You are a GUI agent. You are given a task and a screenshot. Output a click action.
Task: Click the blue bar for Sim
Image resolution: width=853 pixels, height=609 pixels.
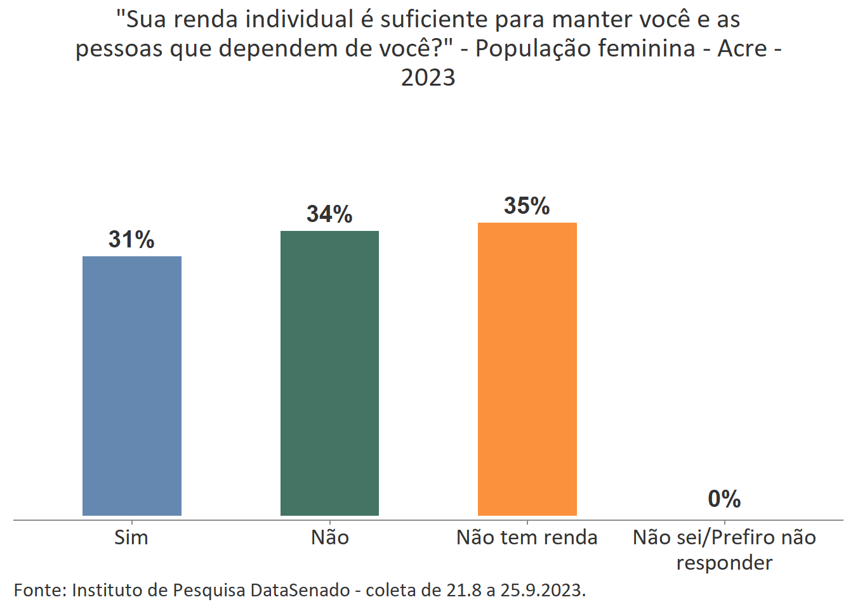point(132,386)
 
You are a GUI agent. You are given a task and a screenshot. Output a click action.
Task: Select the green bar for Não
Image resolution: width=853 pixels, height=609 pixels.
point(329,373)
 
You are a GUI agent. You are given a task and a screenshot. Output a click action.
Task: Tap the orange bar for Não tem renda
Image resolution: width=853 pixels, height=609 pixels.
point(527,369)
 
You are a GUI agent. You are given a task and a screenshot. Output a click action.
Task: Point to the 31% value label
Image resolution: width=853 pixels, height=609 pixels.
point(131,240)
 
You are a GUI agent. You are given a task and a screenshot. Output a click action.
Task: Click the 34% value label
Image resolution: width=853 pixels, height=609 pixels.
point(329,214)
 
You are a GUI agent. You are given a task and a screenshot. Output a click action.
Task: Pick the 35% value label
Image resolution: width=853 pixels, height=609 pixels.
point(527,206)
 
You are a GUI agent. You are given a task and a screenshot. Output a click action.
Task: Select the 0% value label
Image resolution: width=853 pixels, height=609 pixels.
point(724,499)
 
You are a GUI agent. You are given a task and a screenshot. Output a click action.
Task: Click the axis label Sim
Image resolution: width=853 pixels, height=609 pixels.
point(131,537)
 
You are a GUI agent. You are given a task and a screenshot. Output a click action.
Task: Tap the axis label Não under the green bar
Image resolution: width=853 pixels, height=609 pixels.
point(329,537)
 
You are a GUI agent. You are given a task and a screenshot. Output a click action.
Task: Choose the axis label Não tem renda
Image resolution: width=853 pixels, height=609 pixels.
point(527,537)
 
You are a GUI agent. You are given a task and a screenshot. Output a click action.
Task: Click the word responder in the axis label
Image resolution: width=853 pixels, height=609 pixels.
point(724,563)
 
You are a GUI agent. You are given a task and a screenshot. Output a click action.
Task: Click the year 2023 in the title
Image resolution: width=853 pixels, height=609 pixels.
point(428,77)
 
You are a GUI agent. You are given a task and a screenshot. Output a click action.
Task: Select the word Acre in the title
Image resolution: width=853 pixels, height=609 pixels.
point(742,48)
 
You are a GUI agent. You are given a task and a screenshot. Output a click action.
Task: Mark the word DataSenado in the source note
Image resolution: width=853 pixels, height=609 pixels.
point(300,590)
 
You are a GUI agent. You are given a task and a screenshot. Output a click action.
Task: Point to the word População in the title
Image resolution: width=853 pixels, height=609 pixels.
point(527,48)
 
